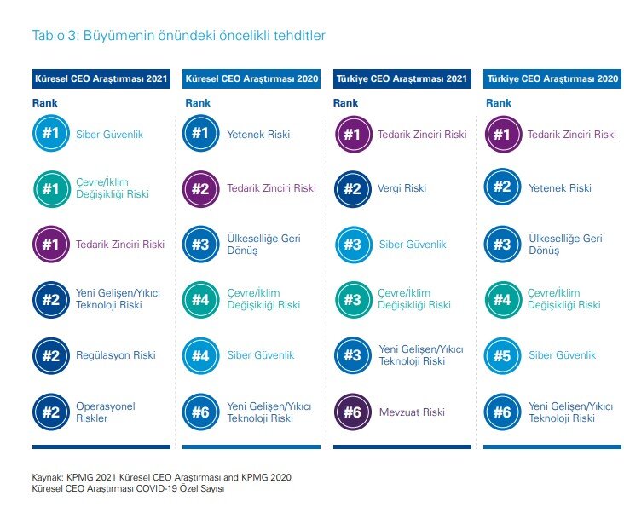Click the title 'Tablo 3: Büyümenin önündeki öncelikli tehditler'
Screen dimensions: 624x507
pos(179,36)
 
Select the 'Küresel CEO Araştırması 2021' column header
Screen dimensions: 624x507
pos(101,78)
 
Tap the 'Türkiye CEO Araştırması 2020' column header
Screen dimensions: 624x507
pos(552,78)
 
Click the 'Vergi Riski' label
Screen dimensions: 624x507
pos(402,188)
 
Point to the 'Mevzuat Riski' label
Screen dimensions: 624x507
pos(412,412)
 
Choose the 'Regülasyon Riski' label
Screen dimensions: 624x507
pos(115,355)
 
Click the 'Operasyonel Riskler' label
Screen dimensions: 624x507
pos(106,412)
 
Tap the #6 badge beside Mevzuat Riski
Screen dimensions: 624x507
pos(353,412)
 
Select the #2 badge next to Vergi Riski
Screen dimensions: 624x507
pos(353,189)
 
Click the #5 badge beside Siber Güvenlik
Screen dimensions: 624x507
pos(502,356)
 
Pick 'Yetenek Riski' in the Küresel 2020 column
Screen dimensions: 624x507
pos(258,135)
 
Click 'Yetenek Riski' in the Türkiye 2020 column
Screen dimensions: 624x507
pos(560,188)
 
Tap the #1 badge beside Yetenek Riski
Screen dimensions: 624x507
pos(201,133)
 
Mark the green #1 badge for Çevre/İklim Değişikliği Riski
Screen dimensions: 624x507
pos(51,189)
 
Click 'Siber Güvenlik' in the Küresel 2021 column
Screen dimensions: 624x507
pos(109,135)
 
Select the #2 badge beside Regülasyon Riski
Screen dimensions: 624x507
pos(51,356)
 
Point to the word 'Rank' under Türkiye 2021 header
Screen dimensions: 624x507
pos(345,103)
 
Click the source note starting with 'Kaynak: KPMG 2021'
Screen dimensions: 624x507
pos(162,483)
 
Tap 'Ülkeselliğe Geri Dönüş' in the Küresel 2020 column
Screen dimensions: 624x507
pos(263,245)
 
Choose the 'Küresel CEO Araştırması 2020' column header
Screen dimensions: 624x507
pos(251,78)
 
